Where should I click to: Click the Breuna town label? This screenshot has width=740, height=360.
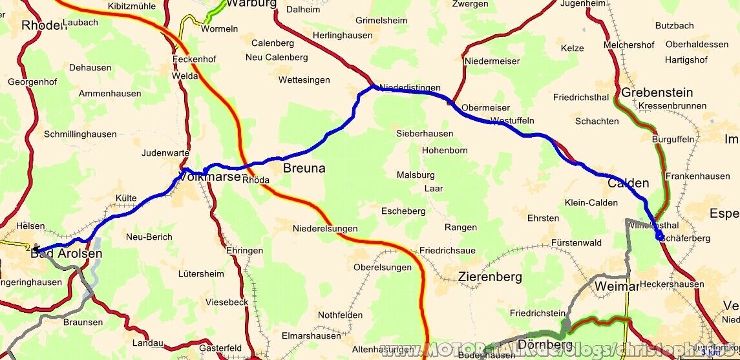304,169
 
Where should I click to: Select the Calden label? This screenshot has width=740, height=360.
628,183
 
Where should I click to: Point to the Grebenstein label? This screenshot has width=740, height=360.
657,93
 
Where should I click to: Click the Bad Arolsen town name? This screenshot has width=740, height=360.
67,254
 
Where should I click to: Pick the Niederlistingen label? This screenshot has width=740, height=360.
410,88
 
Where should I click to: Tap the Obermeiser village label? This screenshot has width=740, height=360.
485,108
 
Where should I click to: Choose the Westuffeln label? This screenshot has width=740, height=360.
513,121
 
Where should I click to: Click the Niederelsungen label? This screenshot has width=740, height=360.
324,229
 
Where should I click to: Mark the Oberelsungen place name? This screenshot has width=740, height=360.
382,268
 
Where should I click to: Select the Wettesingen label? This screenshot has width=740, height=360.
304,80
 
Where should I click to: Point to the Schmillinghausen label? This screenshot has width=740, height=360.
80,134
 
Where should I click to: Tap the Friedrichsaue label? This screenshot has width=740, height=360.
447,250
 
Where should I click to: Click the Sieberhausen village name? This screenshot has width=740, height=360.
424,134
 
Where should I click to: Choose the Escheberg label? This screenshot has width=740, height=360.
403,211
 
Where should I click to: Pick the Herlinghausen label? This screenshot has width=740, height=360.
342,36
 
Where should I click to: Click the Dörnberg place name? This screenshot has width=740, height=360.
536,345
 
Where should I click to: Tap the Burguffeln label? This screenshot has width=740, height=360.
673,139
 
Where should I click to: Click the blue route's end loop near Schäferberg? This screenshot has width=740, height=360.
659,237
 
